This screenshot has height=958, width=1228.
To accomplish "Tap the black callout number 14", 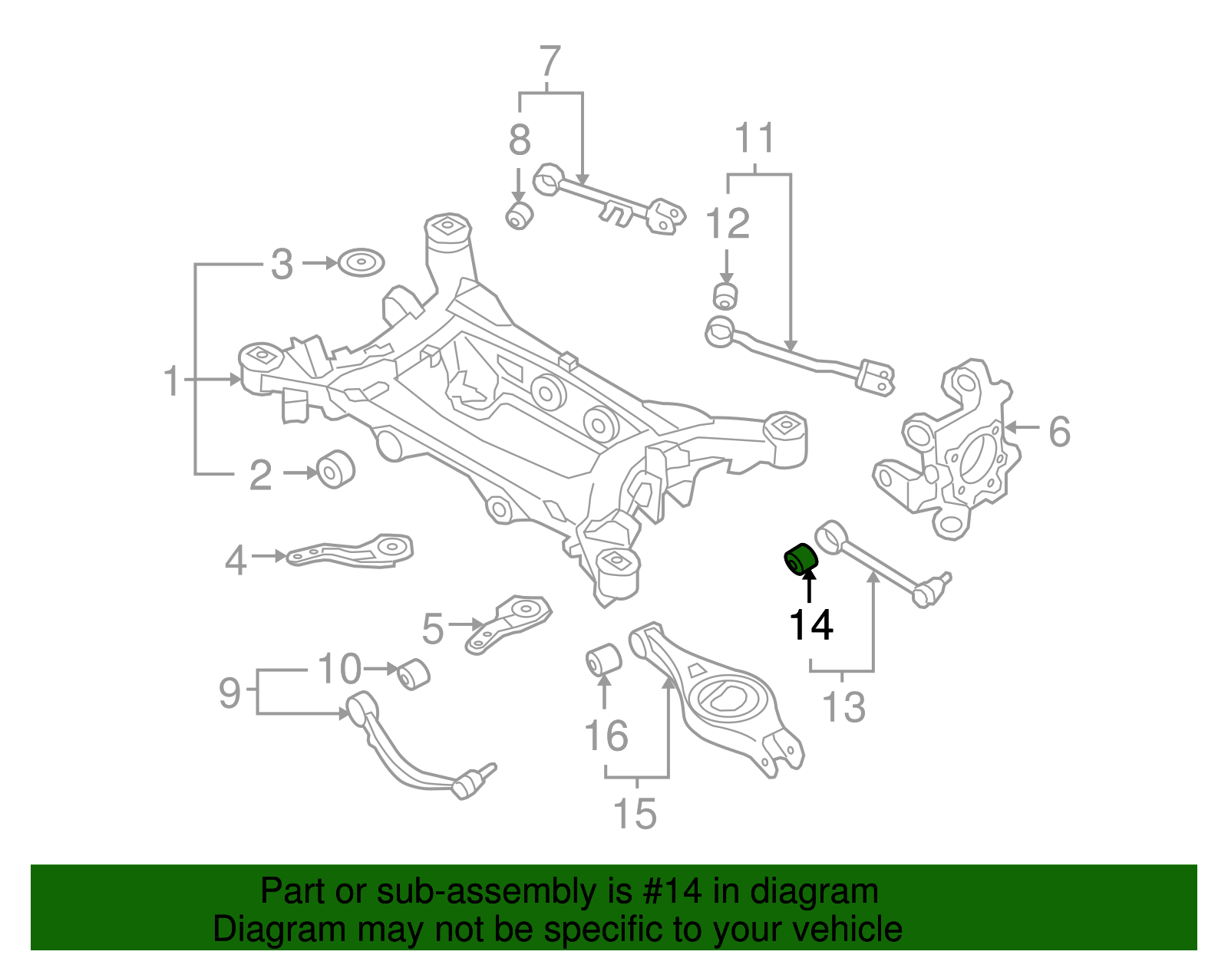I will pos(810,625).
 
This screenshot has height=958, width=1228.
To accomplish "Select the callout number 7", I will pos(550,61).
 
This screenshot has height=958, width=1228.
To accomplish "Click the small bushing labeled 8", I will pos(520,215).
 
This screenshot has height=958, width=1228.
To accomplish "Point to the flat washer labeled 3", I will pos(361,262).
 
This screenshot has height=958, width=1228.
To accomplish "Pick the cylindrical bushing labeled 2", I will pos(335,469).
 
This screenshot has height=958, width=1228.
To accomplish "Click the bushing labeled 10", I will pos(414,673).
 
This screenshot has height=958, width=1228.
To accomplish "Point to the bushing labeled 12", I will pos(725,296).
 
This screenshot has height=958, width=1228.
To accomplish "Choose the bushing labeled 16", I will pos(603,660).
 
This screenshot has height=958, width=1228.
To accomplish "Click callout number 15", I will pos(635,813).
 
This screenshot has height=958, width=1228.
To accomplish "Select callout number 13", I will pos(843,706).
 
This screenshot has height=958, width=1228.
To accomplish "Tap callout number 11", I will pos(754,138).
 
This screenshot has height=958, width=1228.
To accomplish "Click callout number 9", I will pos(229,693).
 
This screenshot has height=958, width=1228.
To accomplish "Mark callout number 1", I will pos(172,380).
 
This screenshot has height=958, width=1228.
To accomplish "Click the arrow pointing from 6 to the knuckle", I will pos(1021,428).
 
